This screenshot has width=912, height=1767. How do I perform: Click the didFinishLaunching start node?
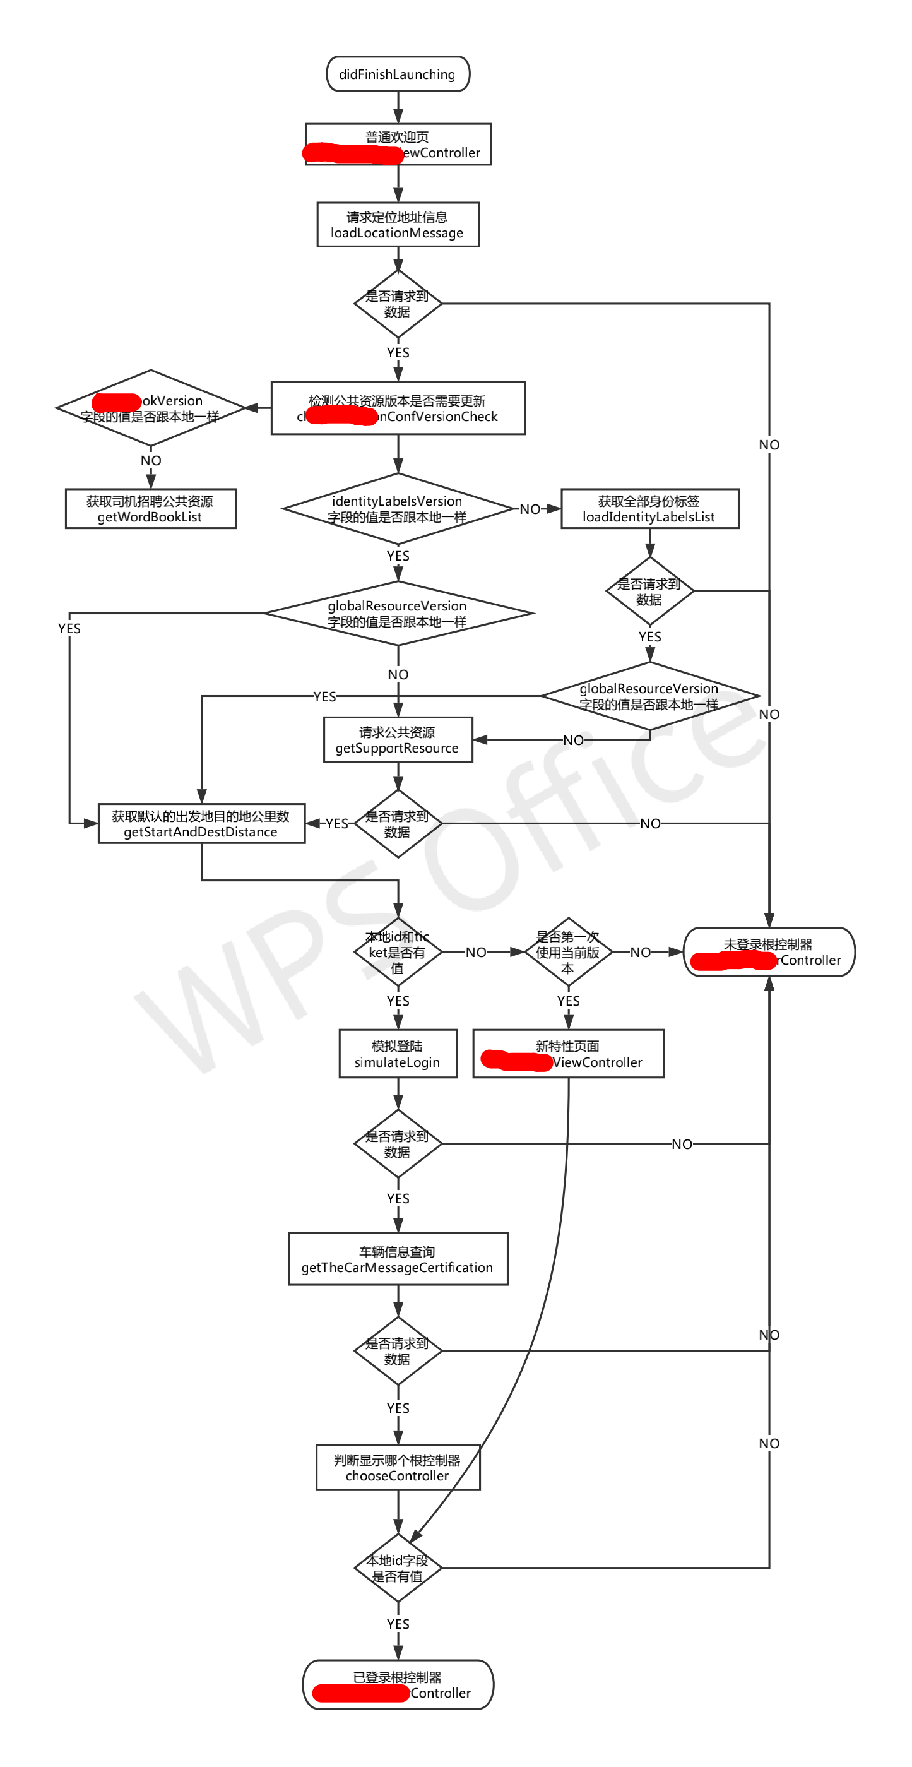coord(398,74)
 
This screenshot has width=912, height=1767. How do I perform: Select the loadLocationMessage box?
coord(398,224)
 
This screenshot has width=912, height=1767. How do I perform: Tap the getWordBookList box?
coord(150,509)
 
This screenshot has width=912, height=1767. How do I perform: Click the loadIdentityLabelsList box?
coord(649,509)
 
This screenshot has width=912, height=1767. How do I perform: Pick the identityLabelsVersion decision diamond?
coord(398,509)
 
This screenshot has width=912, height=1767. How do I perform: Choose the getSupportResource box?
coord(398,740)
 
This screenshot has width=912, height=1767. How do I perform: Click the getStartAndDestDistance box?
coord(201,824)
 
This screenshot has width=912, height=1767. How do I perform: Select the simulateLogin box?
coord(398,1054)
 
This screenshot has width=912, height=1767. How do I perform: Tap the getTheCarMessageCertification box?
coord(398,1259)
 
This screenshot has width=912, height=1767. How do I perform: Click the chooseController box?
coord(398,1468)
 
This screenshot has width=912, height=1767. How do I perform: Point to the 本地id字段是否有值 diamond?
coord(398,1568)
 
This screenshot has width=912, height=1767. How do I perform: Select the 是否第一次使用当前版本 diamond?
coord(568,952)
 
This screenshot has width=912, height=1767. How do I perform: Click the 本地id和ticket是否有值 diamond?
coord(398,952)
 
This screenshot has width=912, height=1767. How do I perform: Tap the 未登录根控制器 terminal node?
coord(769,952)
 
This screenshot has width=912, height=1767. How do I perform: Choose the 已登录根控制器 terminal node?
coord(398,1685)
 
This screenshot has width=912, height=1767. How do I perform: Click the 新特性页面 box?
coord(568,1054)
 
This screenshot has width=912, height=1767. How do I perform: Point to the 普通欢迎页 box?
coord(398,145)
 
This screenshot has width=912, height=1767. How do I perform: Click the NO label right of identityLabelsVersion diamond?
coord(530,509)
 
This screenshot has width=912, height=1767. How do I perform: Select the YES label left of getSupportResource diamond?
coord(336,824)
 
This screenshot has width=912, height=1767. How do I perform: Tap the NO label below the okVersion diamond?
coord(151,461)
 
